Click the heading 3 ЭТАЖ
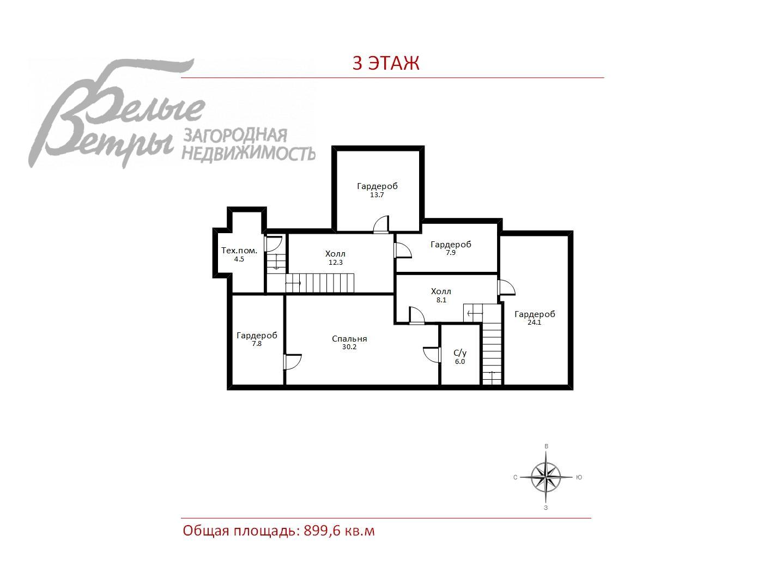386,63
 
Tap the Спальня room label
349,339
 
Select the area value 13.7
377,195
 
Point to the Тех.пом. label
239,251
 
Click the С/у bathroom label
460,353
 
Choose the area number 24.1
534,322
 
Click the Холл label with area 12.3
335,254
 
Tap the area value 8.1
441,300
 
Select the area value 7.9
451,253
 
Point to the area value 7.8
257,344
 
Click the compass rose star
546,477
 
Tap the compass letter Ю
579,478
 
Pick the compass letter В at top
547,446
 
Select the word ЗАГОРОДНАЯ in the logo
235,136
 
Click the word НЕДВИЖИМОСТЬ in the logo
249,153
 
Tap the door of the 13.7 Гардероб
381,224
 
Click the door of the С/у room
432,355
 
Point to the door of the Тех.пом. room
273,244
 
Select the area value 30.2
349,347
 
